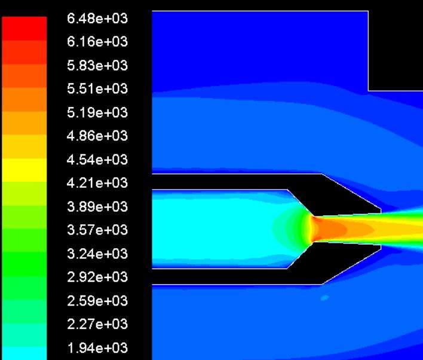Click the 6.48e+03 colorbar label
pyautogui.click(x=97, y=19)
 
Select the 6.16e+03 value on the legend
pyautogui.click(x=97, y=42)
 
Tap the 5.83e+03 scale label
pyautogui.click(x=97, y=65)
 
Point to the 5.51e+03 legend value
pyautogui.click(x=97, y=89)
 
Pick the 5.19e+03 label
pyautogui.click(x=97, y=112)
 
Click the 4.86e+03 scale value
pyautogui.click(x=97, y=136)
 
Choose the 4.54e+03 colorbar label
pyautogui.click(x=97, y=159)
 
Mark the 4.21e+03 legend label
pyautogui.click(x=97, y=183)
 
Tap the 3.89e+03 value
pyautogui.click(x=97, y=206)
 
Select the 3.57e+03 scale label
pyautogui.click(x=97, y=230)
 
